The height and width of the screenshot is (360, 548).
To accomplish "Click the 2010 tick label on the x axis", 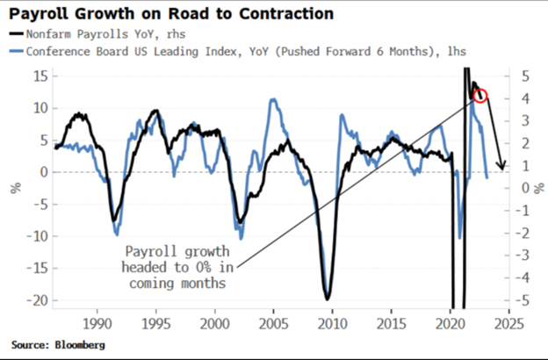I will tap(330, 323).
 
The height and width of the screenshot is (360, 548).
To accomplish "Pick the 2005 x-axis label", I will tap(272, 323).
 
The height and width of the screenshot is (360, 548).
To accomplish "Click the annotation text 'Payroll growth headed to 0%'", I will tap(177, 266).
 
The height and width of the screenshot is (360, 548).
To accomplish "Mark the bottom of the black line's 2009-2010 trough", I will tap(327, 298).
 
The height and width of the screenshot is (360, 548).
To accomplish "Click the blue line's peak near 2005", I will tap(273, 100).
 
